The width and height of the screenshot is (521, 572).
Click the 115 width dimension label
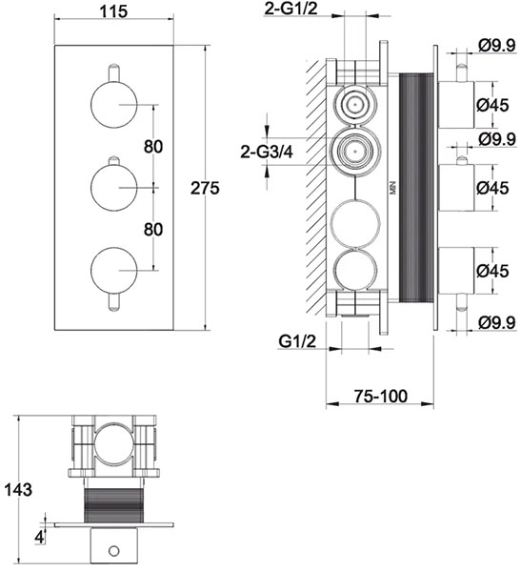point(113,11)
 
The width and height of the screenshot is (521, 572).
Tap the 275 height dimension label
point(206,188)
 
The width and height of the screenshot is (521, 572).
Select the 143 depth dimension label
point(18,489)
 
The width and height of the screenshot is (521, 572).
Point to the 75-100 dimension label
point(380,397)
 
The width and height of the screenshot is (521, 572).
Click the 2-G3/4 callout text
point(267,151)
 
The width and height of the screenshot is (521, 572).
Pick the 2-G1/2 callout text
point(291,9)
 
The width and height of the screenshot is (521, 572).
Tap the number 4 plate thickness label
point(39,537)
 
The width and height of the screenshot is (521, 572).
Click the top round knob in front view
point(114,105)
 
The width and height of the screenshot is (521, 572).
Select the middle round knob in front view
point(114,188)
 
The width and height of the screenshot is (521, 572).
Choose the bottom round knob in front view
point(114,271)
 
